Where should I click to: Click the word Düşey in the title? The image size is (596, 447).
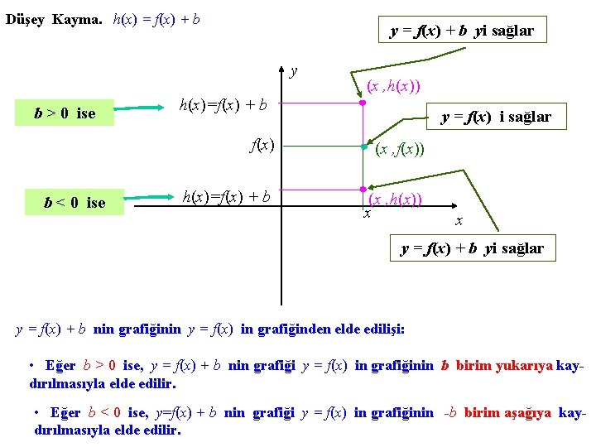pos(26,19)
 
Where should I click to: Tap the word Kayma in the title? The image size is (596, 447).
pos(78,19)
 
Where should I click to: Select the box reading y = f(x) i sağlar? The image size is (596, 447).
pos(496,117)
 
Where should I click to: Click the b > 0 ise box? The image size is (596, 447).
pos(65,113)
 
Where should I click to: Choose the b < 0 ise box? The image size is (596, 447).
pos(75,203)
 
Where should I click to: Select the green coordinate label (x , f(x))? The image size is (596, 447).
pos(400,150)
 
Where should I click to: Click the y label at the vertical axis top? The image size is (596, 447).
pos(294,70)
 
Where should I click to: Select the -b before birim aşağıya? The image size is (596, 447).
pos(450,413)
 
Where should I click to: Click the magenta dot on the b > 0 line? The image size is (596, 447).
pos(362,103)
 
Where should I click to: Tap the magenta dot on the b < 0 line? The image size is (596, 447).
pos(363,190)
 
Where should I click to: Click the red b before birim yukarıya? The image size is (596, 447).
pos(445,367)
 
